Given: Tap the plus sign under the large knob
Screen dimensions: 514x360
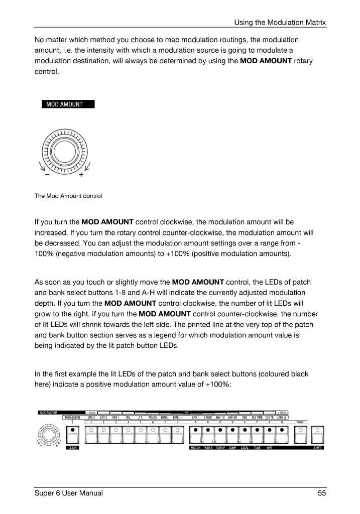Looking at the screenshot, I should [x=81, y=175].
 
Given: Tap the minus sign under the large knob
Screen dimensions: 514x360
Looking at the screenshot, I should [x=47, y=175].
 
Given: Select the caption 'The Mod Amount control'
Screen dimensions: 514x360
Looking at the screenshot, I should [x=68, y=196].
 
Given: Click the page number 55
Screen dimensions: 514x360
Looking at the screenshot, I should [x=322, y=493].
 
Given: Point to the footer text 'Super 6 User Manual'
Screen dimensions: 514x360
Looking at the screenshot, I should [x=68, y=493].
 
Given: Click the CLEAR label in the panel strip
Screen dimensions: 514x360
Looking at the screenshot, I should [x=73, y=448].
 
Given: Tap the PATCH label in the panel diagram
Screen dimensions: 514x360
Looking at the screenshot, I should [x=301, y=422].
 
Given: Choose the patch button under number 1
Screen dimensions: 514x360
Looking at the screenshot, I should [x=91, y=433].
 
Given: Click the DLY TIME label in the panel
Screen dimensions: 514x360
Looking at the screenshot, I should [x=257, y=417].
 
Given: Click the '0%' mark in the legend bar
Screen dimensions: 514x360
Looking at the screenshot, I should [x=186, y=413].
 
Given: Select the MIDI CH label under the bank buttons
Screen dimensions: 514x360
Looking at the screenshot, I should [x=195, y=448].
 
